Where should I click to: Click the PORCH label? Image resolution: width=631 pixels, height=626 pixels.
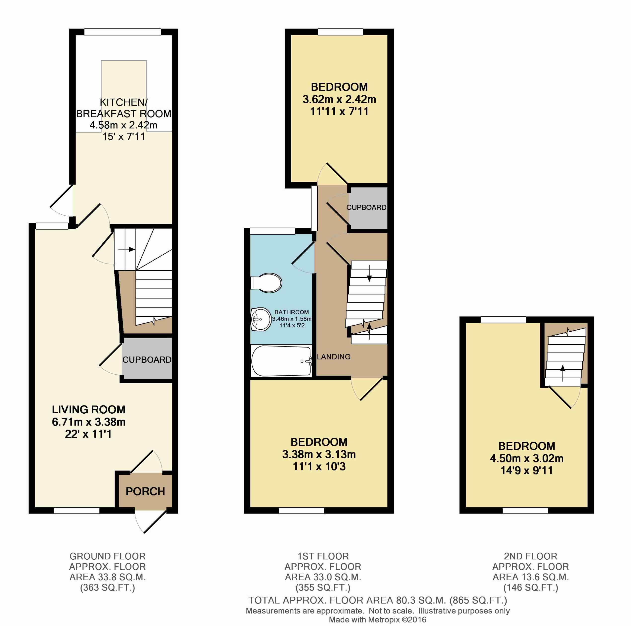pyautogui.click(x=145, y=491)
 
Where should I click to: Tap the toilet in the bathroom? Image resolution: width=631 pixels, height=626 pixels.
pyautogui.click(x=266, y=283)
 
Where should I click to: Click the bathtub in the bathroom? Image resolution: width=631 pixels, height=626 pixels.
pyautogui.click(x=281, y=361)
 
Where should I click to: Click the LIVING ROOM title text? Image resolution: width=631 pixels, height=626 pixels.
pyautogui.click(x=88, y=409)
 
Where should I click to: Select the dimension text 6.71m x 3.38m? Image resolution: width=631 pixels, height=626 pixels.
pyautogui.click(x=88, y=422)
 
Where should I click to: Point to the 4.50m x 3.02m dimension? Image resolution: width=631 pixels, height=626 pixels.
pyautogui.click(x=526, y=459)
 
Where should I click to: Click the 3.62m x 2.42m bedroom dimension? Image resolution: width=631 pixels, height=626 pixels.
pyautogui.click(x=339, y=99)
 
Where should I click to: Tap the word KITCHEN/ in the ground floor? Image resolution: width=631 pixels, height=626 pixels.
pyautogui.click(x=123, y=102)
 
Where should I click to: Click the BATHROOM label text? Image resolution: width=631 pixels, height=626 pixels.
pyautogui.click(x=291, y=312)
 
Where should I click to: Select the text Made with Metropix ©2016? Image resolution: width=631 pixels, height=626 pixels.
pyautogui.click(x=378, y=620)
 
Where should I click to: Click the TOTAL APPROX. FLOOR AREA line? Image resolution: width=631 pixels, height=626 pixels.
pyautogui.click(x=378, y=600)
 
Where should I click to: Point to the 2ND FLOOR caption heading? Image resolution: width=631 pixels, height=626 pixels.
pyautogui.click(x=530, y=556)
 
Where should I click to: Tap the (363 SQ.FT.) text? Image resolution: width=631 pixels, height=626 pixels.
pyautogui.click(x=108, y=588)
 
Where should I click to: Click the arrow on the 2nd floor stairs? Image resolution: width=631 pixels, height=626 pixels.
pyautogui.click(x=562, y=373)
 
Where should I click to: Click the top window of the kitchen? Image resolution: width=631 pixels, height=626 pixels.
pyautogui.click(x=122, y=32)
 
